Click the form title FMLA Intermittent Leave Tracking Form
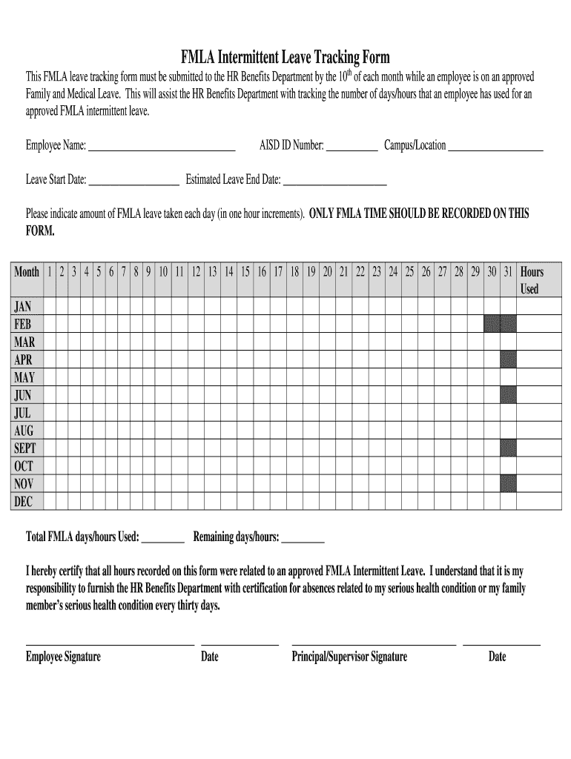point(285,57)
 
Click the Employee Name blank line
point(162,146)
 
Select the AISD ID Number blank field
point(351,146)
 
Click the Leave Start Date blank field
point(133,180)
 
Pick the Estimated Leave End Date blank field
point(334,180)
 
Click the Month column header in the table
point(27,272)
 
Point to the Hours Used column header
point(532,280)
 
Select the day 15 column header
point(245,272)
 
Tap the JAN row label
point(23,307)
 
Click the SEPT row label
point(25,448)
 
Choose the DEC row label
point(24,502)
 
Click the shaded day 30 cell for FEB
point(492,324)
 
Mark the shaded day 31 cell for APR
point(508,359)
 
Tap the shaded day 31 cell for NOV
point(508,484)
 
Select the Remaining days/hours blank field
point(303,538)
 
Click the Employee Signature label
point(63,657)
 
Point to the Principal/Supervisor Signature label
point(349,657)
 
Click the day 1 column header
point(50,272)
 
